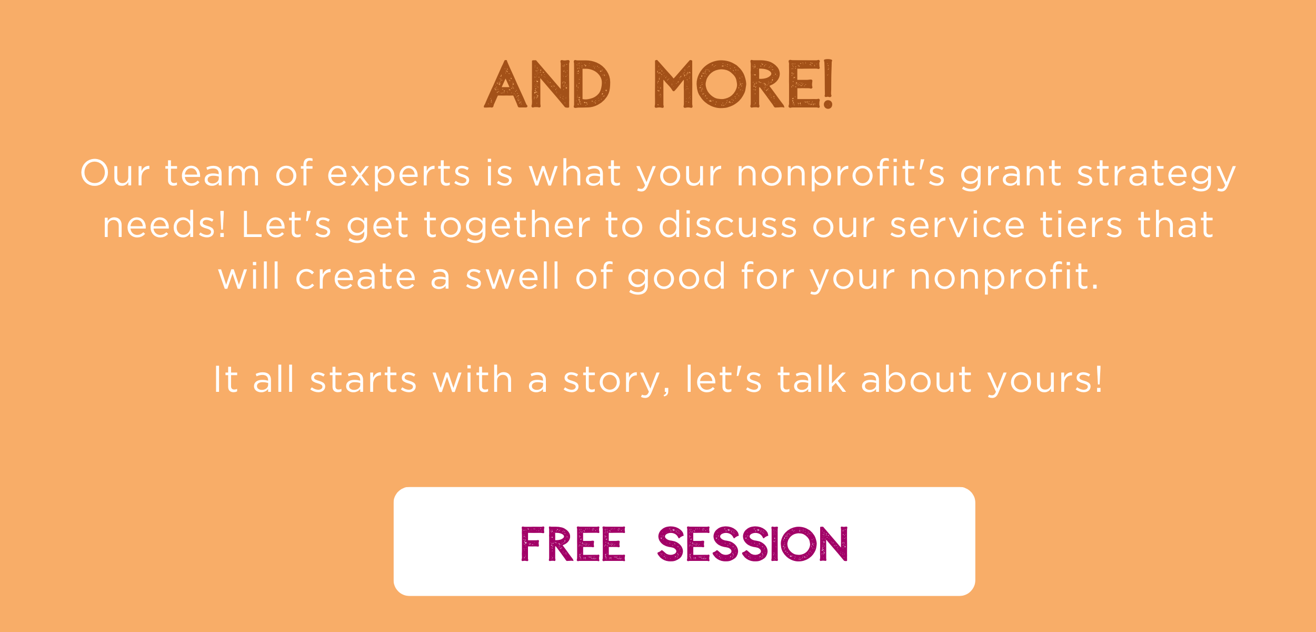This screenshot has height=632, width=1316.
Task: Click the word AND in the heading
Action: (547, 84)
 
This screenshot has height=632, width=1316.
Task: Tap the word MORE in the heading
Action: (737, 84)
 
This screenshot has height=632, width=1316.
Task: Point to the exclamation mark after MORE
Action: (828, 84)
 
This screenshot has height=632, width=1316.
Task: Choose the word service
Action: (957, 225)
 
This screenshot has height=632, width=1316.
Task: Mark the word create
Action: (355, 276)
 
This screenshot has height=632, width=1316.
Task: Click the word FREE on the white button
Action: (573, 544)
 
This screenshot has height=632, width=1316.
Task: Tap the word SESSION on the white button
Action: (752, 544)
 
